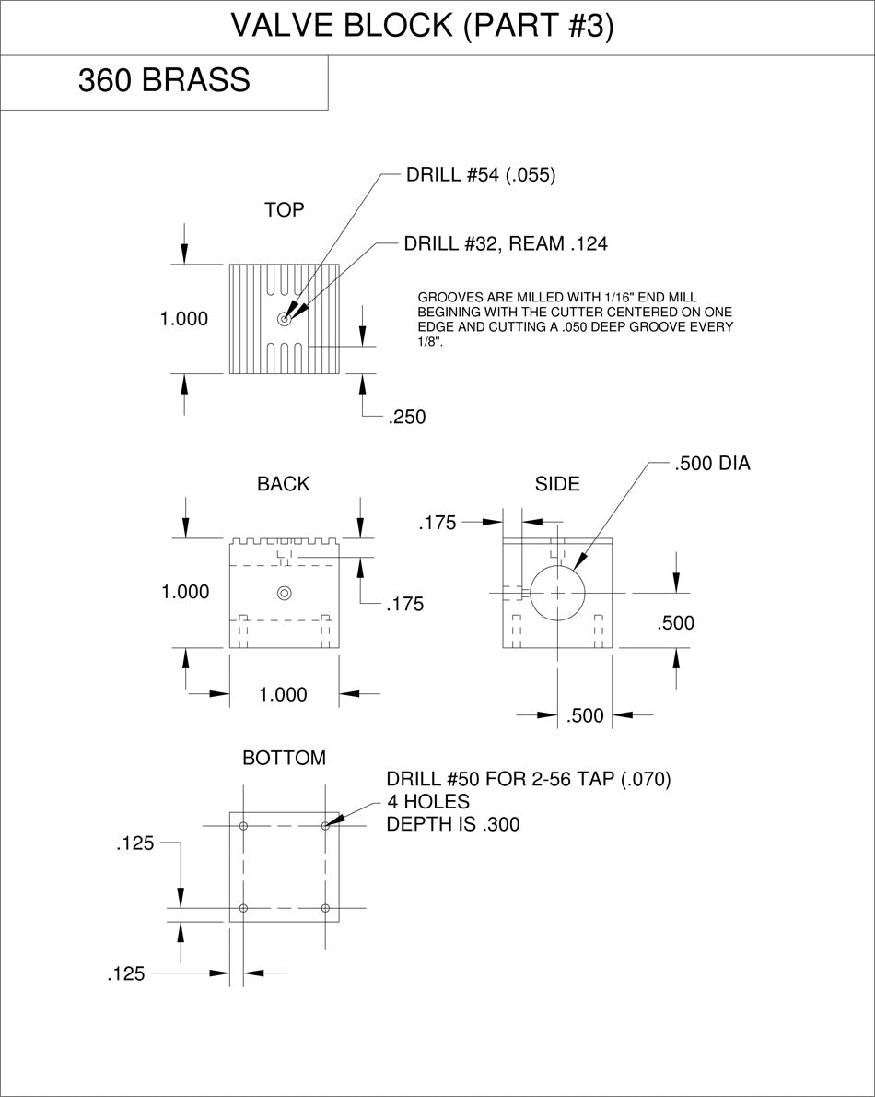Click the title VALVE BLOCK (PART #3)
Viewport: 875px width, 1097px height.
(422, 26)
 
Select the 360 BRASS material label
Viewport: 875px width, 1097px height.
(164, 80)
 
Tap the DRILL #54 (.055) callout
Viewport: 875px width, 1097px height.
(481, 175)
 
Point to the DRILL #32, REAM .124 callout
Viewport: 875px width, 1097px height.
(506, 243)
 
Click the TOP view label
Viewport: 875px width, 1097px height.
(285, 210)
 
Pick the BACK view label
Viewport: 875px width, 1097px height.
(283, 484)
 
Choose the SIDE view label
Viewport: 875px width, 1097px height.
(557, 484)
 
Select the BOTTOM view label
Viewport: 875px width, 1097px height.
(285, 758)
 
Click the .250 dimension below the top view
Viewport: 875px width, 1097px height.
(407, 417)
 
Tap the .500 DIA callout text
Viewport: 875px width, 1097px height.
(712, 463)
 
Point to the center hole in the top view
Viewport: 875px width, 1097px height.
(285, 319)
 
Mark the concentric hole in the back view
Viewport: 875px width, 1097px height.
(285, 594)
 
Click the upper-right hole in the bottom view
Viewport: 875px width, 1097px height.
(326, 826)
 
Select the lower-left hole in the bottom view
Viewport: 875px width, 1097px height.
(243, 908)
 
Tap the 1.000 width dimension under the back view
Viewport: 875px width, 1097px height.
(283, 695)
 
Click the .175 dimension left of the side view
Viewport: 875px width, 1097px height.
(437, 523)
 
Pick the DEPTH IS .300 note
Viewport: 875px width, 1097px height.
(453, 824)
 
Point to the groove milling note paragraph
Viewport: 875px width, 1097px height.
(575, 320)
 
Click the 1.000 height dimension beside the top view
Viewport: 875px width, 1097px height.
(184, 319)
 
